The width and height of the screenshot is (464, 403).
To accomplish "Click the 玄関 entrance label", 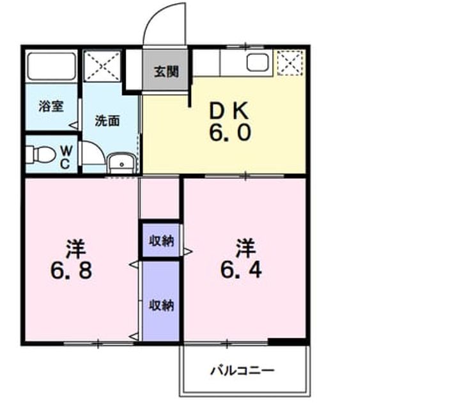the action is coord(166,72).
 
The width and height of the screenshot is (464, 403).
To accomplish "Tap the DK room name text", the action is coord(229,111).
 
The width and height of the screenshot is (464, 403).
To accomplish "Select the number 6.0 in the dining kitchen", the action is coord(230,132).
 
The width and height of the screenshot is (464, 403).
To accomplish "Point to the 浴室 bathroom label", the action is coord(51,106).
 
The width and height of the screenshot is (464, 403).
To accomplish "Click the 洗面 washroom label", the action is coord(107,121).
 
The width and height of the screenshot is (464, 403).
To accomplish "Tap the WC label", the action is coord(66,157).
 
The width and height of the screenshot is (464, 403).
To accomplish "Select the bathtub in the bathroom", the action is coord(52,67).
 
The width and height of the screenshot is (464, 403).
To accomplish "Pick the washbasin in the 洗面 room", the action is coord(121,163).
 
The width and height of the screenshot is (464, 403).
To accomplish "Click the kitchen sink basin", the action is coord(258,63).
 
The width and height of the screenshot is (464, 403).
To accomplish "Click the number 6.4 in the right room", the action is coord(241,270).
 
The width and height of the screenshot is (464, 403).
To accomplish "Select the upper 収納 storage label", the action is coord(161,241).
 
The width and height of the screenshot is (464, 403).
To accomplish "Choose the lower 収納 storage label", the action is coord(161,305).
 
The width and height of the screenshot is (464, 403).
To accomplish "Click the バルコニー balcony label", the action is coord(242,370).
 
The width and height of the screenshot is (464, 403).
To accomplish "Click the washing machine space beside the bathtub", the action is coord(102,66).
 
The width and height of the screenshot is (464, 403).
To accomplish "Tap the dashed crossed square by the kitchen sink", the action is coord(290,63).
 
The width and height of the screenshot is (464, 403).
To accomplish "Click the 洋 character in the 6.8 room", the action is coord(76,248).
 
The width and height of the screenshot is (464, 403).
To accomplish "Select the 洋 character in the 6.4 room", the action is coord(245,248).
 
